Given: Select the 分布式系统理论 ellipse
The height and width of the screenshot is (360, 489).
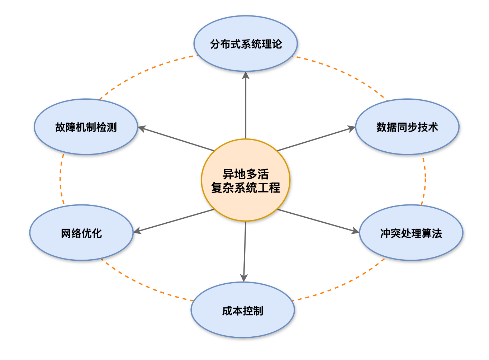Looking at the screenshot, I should coord(246,44).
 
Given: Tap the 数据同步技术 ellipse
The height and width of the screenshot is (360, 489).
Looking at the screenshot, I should coord(407,127).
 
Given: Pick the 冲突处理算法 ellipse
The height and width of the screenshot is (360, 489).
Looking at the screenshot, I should coord(411,233).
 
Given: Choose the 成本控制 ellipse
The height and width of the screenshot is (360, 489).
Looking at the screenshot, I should coord(243,310).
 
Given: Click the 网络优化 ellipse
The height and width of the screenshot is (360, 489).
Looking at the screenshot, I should coord(81,233).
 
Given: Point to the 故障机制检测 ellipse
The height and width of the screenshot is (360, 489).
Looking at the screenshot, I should coord(86,127).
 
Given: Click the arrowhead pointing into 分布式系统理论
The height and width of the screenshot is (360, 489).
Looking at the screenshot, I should coord(246,75).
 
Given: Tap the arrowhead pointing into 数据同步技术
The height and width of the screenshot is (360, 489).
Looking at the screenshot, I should coord(352,128).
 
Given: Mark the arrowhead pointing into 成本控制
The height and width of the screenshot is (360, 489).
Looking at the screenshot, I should coord(244,278).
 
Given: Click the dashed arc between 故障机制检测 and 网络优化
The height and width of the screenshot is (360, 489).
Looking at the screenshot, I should coord(60,179).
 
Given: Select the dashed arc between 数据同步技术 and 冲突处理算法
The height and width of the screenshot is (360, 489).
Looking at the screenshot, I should coord(425,179).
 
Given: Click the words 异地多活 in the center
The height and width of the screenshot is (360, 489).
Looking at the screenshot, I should coord(246,174).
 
